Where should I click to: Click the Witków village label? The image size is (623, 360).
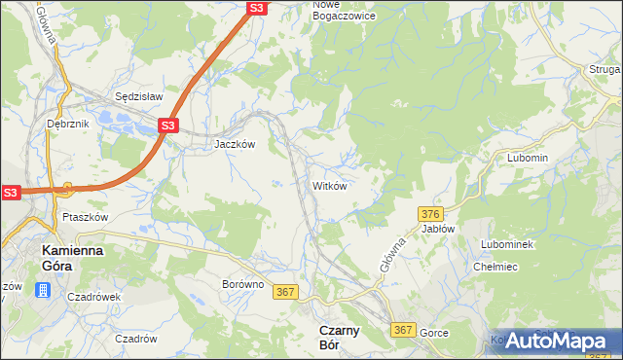point(329,185)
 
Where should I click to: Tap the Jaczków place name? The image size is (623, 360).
point(235,143)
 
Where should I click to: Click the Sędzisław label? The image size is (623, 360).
point(138,97)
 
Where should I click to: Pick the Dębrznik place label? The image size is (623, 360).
point(67,125)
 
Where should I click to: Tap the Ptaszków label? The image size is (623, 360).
point(85,217)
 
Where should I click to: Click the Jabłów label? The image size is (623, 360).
point(438,229)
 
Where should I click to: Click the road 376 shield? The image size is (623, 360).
point(432,213)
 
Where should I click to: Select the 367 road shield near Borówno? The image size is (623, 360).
point(285,292)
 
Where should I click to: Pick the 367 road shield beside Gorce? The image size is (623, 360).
point(404,331)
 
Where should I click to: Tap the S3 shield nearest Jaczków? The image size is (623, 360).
point(168,126)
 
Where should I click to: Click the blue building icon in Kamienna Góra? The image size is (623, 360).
point(42,290)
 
